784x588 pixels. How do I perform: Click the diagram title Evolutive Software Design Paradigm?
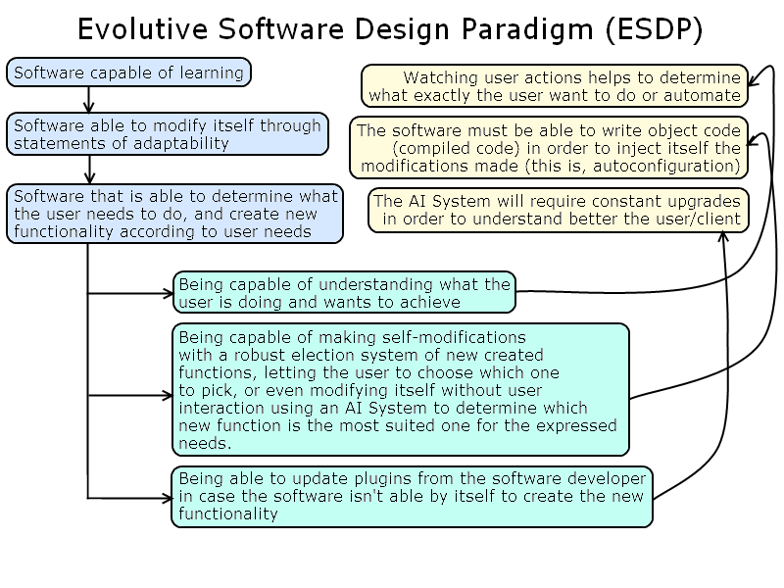click(390, 29)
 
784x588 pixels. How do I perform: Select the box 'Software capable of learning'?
click(128, 73)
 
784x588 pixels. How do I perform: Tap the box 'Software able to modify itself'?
click(168, 134)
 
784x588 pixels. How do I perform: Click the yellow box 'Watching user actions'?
click(555, 86)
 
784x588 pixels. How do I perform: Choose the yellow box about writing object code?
click(549, 148)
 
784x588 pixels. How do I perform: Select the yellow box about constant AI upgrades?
click(558, 211)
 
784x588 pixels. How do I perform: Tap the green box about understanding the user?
click(344, 293)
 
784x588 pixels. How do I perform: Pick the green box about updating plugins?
click(413, 496)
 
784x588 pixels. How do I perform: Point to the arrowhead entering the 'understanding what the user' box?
click(168, 292)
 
